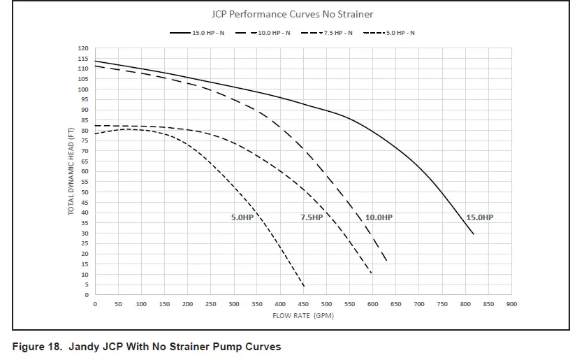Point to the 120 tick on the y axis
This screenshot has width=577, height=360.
(x=83, y=48)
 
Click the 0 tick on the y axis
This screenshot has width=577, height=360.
(x=86, y=295)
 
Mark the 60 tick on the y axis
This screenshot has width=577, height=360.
(x=85, y=172)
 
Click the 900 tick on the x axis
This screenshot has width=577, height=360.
(x=511, y=304)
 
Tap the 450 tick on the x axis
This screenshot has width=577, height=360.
(x=303, y=304)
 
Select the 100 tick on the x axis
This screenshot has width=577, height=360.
(x=141, y=304)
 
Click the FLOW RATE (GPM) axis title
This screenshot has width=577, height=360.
(x=302, y=316)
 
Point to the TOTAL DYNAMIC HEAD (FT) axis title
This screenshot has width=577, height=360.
(x=71, y=171)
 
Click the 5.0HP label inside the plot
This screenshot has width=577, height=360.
(x=242, y=217)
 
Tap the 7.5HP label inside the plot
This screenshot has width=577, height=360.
(x=312, y=217)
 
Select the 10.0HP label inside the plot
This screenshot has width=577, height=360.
(x=379, y=217)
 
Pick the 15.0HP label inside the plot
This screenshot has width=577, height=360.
(x=479, y=217)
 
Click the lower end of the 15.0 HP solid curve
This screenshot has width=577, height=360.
(x=474, y=234)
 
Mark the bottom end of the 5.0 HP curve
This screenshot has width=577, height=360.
(x=304, y=286)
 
